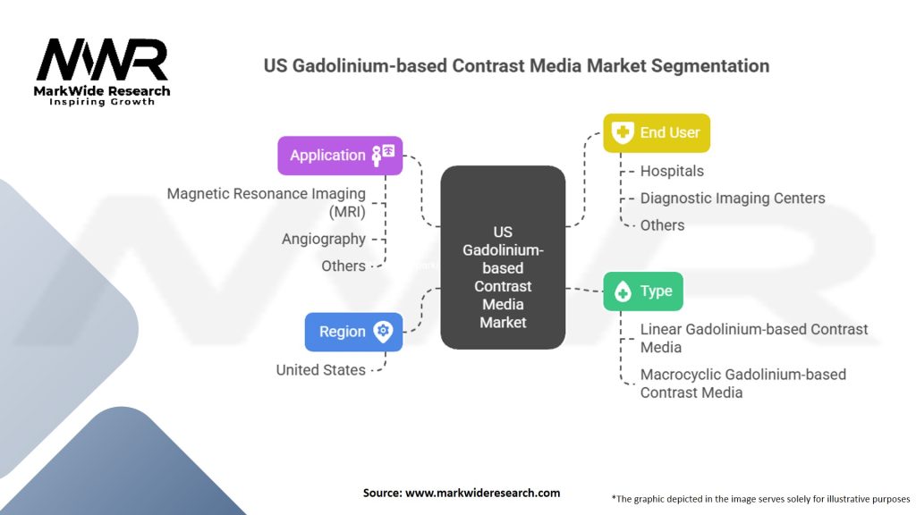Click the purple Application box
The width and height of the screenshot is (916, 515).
pos(340,155)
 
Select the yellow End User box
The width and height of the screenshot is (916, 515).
pos(656,132)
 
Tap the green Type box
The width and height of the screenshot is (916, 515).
pos(643,291)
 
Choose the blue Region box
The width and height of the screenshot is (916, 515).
pos(353,331)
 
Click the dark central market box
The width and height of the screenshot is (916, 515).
pos(503,257)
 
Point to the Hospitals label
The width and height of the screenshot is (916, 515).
pos(672,171)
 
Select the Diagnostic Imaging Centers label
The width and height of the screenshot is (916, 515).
pos(733,198)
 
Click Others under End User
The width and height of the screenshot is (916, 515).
pos(662,225)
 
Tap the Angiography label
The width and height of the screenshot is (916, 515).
pos(324,239)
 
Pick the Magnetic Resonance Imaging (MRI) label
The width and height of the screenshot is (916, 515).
pos(267,202)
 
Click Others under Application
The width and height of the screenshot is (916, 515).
pos(343,266)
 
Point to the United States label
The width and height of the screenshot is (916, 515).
pos(320,369)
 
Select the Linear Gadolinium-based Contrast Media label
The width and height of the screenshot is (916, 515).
pos(753,338)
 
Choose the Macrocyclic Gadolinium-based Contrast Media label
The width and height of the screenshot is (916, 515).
pos(742,383)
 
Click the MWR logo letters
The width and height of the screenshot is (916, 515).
pos(101,60)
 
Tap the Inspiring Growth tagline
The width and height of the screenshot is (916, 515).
pos(101,102)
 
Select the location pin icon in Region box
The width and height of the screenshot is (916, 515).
pos(383,331)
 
